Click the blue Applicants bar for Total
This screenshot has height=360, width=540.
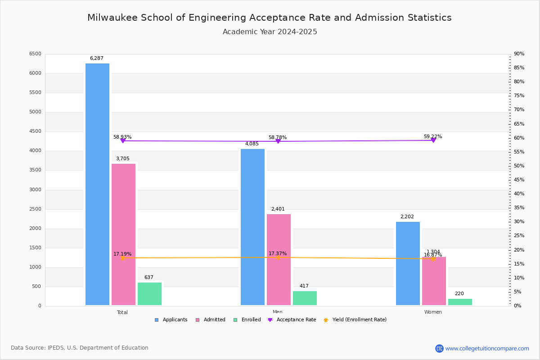point(97,184)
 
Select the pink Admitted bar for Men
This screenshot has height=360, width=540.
point(279,260)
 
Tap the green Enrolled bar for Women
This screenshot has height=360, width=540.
point(460,302)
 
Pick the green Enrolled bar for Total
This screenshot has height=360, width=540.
point(149,294)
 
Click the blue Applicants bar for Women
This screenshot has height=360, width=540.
point(408,264)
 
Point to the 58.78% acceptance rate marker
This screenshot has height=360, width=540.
point(278,141)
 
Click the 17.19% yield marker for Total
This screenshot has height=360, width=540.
point(122,258)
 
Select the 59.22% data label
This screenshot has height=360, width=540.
point(433,136)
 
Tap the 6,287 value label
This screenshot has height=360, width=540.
point(97,58)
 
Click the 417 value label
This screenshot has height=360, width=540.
point(304,286)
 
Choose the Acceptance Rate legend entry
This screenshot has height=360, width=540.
point(292,320)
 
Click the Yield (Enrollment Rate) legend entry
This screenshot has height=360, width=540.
point(355,320)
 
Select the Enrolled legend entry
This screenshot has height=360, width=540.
point(247,320)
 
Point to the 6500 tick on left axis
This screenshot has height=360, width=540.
point(35,54)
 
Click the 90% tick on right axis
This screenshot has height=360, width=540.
point(519,54)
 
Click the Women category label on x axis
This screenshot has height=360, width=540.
point(433,312)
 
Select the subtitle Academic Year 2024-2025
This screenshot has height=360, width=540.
point(270,32)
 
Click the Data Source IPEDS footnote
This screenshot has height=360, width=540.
point(80,348)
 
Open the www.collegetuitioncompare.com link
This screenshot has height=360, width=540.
point(487,348)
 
